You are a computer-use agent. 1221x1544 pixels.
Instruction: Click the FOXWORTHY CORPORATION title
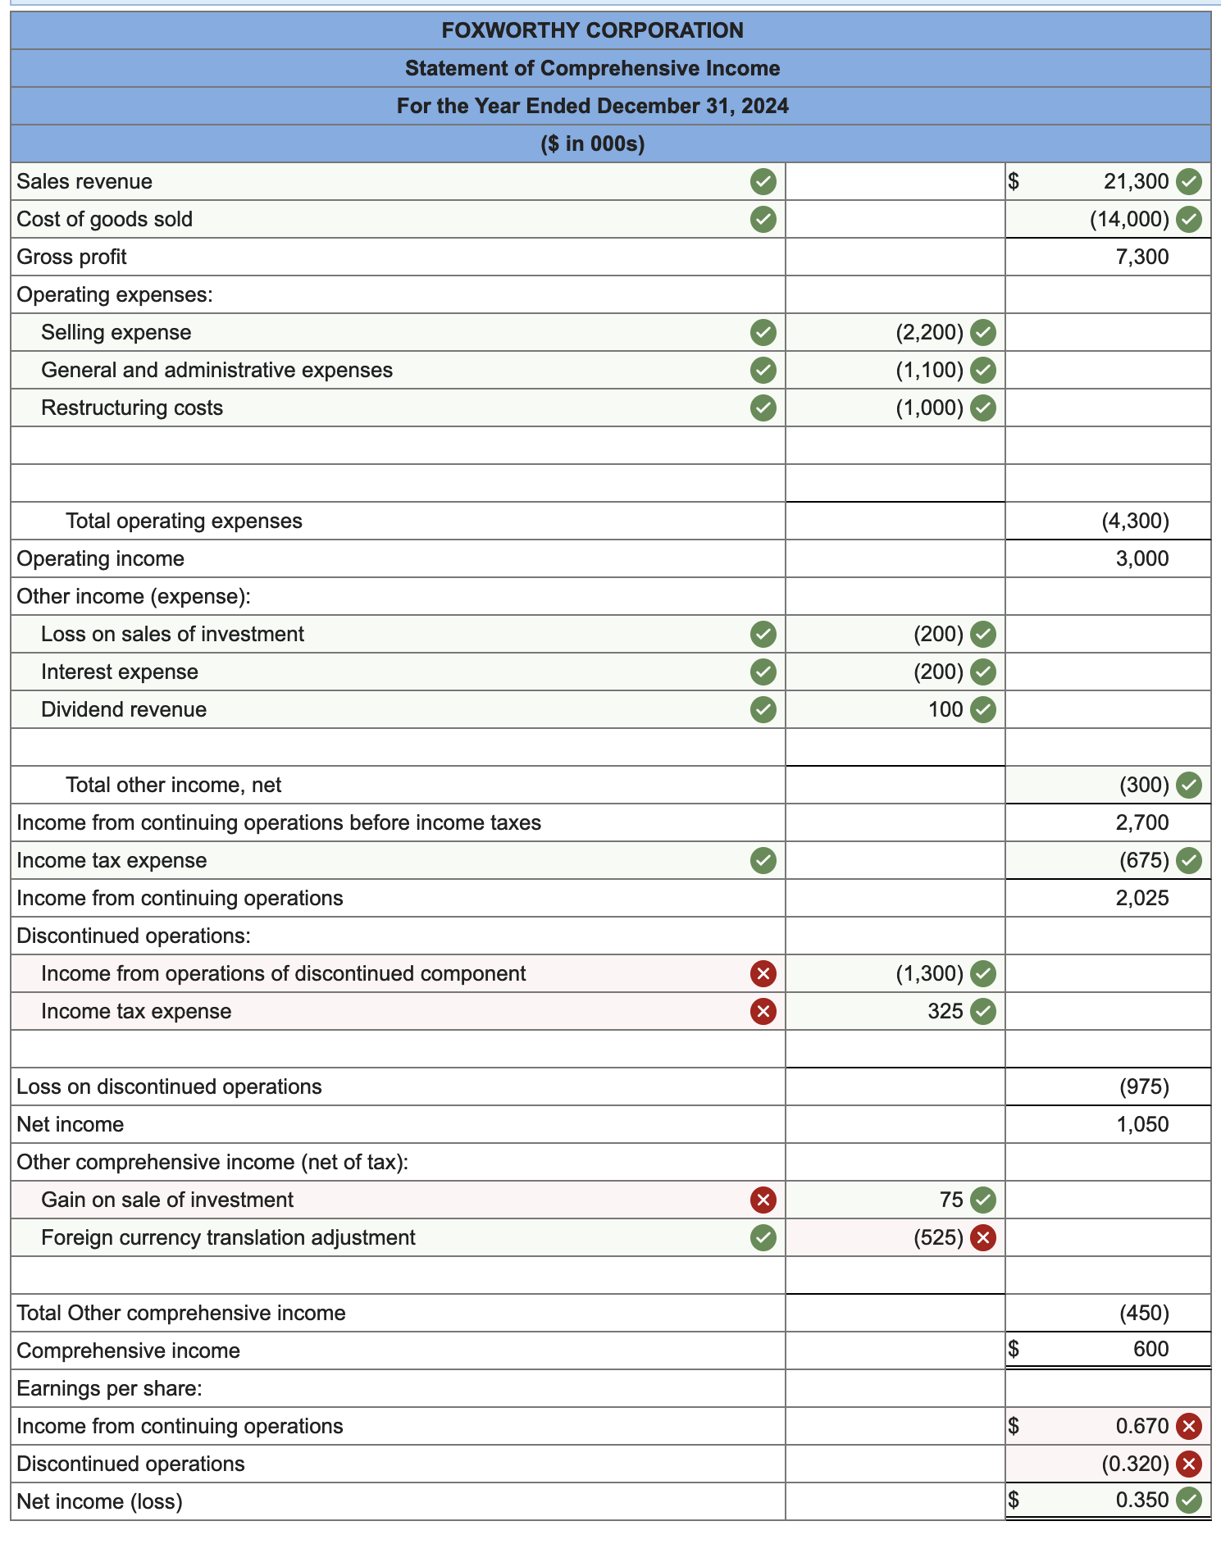592,30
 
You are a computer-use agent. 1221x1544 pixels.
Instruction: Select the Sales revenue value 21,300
1136,181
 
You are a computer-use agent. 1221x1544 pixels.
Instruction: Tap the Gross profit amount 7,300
1141,257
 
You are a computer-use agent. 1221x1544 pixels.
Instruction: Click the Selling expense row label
116,332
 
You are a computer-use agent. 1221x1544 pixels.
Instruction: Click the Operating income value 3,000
1141,558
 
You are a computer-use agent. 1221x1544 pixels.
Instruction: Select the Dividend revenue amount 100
945,709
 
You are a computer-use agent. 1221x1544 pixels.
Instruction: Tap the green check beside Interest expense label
763,672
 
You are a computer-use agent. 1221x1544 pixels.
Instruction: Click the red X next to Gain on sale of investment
763,1200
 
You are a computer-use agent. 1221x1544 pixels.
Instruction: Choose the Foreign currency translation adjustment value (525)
938,1237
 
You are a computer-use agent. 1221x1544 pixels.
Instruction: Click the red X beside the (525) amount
983,1237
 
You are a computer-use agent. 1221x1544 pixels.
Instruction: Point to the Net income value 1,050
1141,1124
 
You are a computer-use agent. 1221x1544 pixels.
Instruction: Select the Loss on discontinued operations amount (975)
1144,1086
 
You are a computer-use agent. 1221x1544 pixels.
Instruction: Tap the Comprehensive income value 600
1150,1349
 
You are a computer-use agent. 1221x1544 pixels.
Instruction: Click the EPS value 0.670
1141,1426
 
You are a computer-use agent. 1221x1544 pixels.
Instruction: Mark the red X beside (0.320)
1189,1464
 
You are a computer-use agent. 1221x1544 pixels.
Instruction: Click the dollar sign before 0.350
1014,1501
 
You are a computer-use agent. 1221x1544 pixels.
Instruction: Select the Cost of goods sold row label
104,219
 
